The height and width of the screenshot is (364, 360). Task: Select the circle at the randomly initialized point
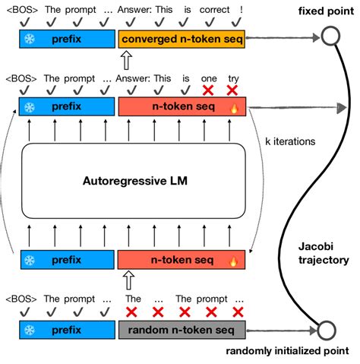pos(327,331)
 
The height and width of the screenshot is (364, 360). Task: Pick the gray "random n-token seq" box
pos(182,330)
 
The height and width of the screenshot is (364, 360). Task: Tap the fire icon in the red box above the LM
pos(235,109)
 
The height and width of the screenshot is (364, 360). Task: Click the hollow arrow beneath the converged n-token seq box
pos(125,58)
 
